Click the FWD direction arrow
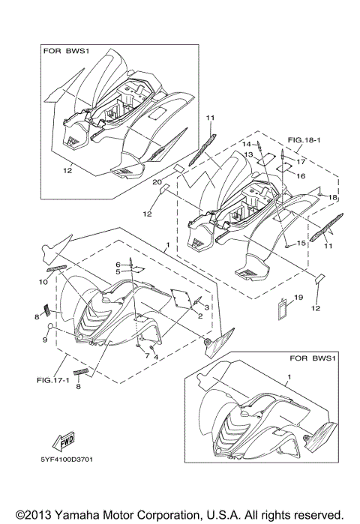pos(63,441)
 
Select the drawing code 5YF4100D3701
pos(67,460)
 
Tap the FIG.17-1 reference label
pos(52,380)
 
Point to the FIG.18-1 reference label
pos(304,140)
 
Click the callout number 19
pos(298,297)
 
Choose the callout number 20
pos(157,182)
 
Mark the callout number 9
pos(45,340)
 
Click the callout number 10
pos(43,282)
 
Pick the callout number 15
pos(301,243)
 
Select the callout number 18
pos(332,197)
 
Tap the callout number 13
pos(248,154)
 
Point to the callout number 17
pos(301,162)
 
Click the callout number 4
pos(156,357)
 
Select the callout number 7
pos(147,356)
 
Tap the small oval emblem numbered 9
pos(49,326)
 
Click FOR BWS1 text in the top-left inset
pos(66,51)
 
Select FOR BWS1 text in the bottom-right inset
pos(312,358)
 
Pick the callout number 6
pos(118,265)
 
